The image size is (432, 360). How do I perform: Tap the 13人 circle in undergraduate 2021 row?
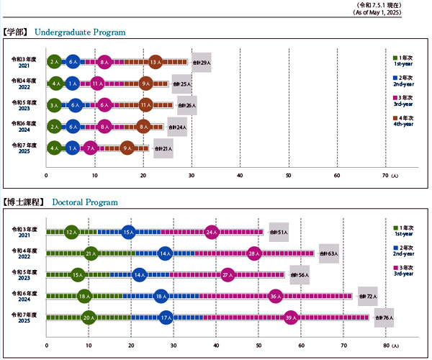(156, 63)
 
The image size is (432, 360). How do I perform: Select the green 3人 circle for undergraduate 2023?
(55, 105)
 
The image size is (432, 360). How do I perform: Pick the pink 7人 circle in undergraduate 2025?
(90, 148)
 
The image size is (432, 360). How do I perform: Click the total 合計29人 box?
(201, 63)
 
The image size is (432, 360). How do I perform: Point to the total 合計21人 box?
(163, 149)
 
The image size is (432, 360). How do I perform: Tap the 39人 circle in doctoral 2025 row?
(291, 317)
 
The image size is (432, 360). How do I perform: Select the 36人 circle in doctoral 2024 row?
(276, 296)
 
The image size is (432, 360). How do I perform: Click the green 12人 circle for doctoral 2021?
(71, 232)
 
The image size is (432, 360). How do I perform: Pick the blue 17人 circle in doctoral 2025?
(166, 317)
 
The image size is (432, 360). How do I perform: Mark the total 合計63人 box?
(328, 253)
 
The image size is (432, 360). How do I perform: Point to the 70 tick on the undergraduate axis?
(385, 175)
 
